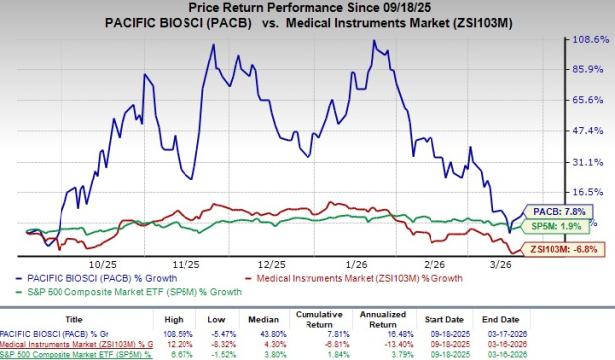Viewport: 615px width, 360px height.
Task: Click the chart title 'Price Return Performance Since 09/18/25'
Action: [307, 8]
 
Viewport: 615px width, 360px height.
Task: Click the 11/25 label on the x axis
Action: [187, 266]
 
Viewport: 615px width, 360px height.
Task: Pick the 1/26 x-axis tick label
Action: [370, 266]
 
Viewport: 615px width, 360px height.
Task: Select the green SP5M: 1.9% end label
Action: [565, 228]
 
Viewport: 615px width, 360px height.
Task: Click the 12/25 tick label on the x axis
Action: [277, 266]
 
